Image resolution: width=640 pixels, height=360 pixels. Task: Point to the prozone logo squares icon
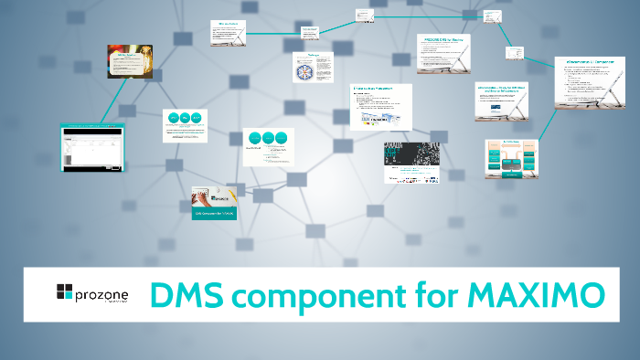(64, 292)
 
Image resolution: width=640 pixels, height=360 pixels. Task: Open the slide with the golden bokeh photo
(130, 61)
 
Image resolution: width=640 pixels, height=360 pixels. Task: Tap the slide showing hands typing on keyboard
(217, 203)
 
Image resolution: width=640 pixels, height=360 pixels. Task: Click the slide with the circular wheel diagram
(311, 67)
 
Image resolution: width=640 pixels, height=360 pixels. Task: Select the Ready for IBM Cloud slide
(502, 102)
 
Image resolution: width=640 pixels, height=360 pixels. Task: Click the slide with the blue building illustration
(380, 107)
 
